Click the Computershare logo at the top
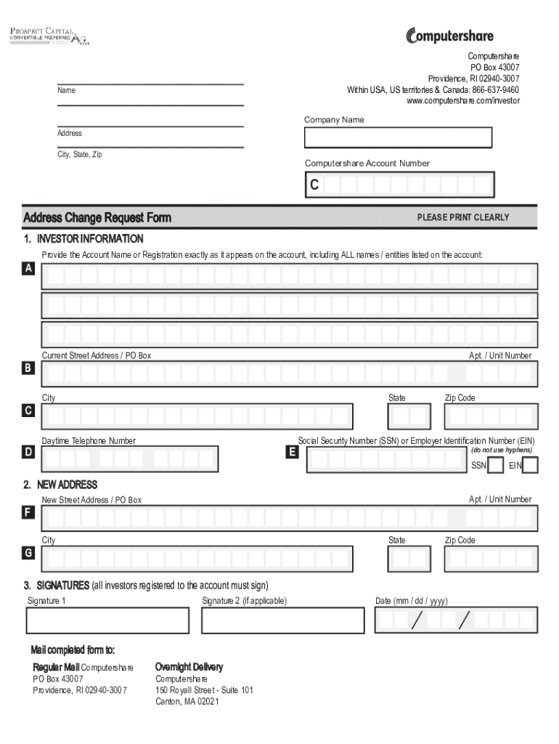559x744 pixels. pyautogui.click(x=449, y=35)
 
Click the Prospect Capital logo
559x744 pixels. pyautogui.click(x=49, y=36)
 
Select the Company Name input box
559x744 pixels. pyautogui.click(x=398, y=137)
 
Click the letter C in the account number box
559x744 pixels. pyautogui.click(x=314, y=185)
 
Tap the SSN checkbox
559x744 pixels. pyautogui.click(x=495, y=465)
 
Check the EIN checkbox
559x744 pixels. pyautogui.click(x=530, y=465)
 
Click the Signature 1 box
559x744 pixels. pyautogui.click(x=107, y=620)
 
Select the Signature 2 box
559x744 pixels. pyautogui.click(x=282, y=620)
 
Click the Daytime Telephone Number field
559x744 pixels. pyautogui.click(x=129, y=458)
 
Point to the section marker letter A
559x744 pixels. pyautogui.click(x=28, y=269)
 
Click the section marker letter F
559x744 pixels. pyautogui.click(x=28, y=513)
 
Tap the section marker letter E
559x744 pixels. pyautogui.click(x=292, y=452)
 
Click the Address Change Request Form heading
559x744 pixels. pyautogui.click(x=97, y=217)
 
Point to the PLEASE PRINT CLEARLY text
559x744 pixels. pyautogui.click(x=462, y=217)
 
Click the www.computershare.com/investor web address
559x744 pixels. pyautogui.click(x=462, y=101)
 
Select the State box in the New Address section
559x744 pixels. pyautogui.click(x=409, y=559)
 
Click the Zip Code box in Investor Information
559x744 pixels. pyautogui.click(x=491, y=416)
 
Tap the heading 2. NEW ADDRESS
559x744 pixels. pyautogui.click(x=60, y=485)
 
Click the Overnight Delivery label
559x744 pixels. pyautogui.click(x=189, y=667)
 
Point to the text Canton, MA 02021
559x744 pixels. pyautogui.click(x=187, y=701)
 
